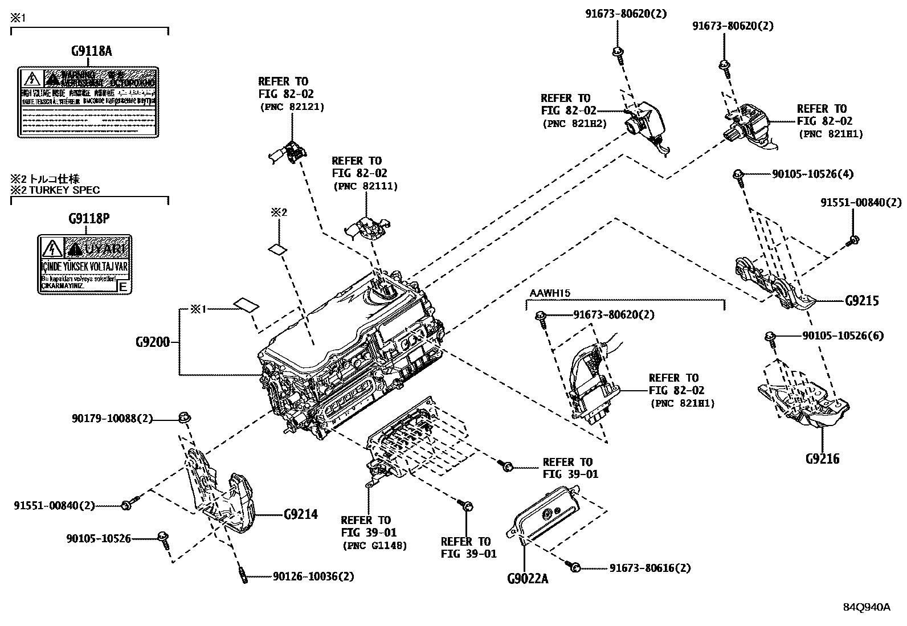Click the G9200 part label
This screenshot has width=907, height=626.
(152, 342)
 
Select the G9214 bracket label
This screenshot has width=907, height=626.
(300, 514)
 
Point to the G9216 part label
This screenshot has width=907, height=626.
(822, 458)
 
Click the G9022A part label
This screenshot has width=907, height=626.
(527, 579)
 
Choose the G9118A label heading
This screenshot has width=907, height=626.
(91, 51)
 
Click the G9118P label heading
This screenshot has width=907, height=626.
(88, 218)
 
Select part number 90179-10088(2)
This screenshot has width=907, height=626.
(112, 419)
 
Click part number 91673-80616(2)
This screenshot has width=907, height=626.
(650, 568)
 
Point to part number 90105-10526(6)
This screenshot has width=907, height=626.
(843, 336)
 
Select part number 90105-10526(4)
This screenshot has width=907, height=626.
(812, 174)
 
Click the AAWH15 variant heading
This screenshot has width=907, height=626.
(550, 293)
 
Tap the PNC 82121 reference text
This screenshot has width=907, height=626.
(292, 107)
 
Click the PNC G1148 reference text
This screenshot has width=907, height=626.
(374, 545)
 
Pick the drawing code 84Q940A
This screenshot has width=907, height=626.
(867, 607)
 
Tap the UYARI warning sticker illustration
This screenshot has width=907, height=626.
(85, 264)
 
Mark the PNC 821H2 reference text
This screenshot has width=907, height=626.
(574, 123)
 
